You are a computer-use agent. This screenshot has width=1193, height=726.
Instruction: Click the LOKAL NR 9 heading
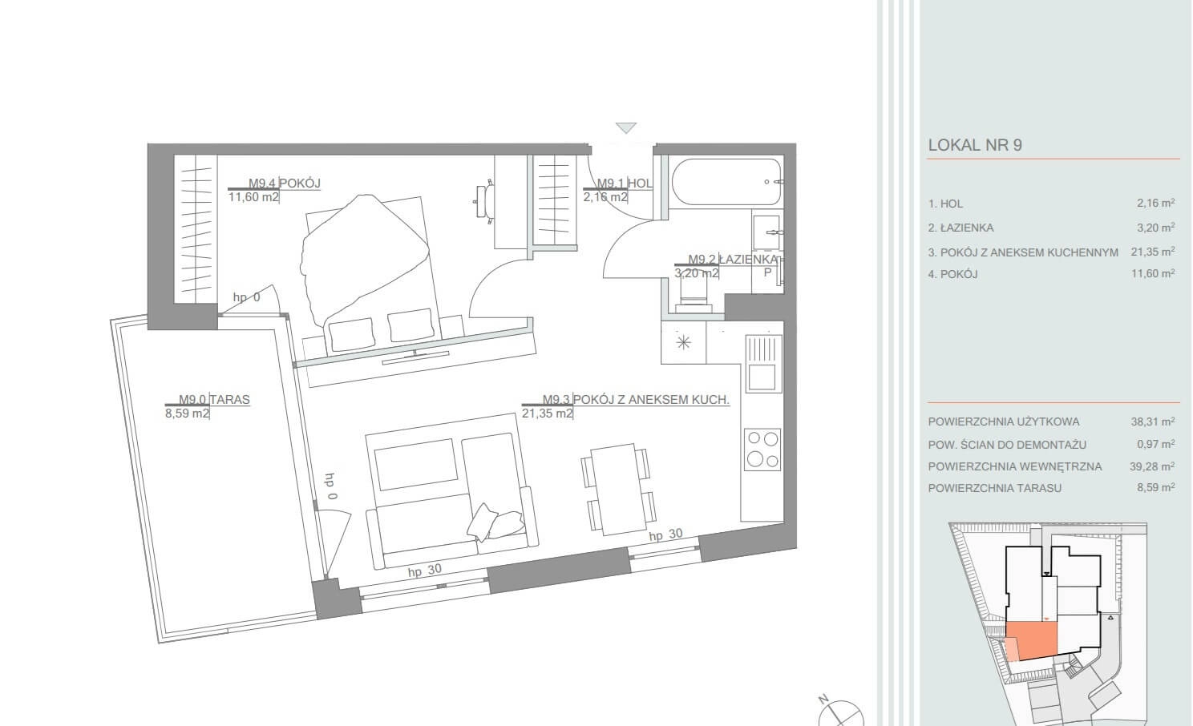point(975,145)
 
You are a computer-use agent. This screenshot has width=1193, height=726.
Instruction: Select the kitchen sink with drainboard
point(763,364)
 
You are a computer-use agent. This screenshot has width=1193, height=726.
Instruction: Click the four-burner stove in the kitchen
point(762,450)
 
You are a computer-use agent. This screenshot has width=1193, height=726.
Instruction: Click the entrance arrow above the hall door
point(626,127)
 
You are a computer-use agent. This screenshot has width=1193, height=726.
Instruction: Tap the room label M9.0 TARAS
point(214,399)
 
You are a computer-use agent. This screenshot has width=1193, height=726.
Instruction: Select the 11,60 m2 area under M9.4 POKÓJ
point(253,197)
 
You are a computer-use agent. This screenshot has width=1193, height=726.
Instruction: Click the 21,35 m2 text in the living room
point(547,413)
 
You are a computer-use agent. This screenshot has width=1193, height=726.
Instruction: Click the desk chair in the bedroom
point(483,201)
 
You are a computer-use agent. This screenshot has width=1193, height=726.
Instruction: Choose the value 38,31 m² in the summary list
point(1153,421)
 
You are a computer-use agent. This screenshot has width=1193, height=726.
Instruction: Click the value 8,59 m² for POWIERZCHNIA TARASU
point(1156,487)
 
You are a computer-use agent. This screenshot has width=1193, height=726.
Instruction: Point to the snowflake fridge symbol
point(683,342)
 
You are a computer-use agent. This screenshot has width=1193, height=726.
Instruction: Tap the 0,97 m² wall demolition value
point(1156,444)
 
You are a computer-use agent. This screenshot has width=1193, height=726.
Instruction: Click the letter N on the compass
point(823,699)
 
